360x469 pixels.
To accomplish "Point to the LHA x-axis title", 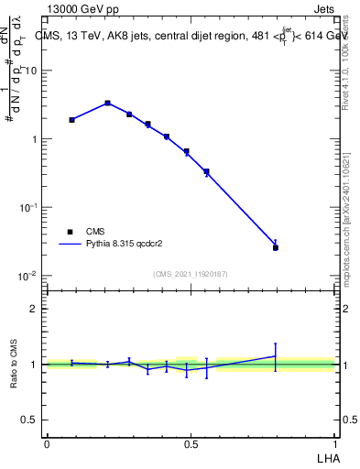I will coord(326,457).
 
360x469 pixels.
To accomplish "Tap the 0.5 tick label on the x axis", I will coord(191,443).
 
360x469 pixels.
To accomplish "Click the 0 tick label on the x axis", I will coord(47,443).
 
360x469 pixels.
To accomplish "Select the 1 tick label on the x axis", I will coord(334,443).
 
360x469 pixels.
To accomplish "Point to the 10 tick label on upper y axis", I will coord(31,71).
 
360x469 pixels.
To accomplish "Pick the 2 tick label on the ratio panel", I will coord(35,309).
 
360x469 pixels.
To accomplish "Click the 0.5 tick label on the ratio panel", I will coord(31,420).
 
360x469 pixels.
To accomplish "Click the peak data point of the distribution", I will coord(107,103).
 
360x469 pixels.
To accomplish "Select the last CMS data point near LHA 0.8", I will coord(275,247).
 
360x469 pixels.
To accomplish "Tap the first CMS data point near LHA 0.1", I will coord(71,120).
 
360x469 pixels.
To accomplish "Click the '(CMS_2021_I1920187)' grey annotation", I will coord(191,274).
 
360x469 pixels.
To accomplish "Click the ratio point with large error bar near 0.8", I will coord(275,356).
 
